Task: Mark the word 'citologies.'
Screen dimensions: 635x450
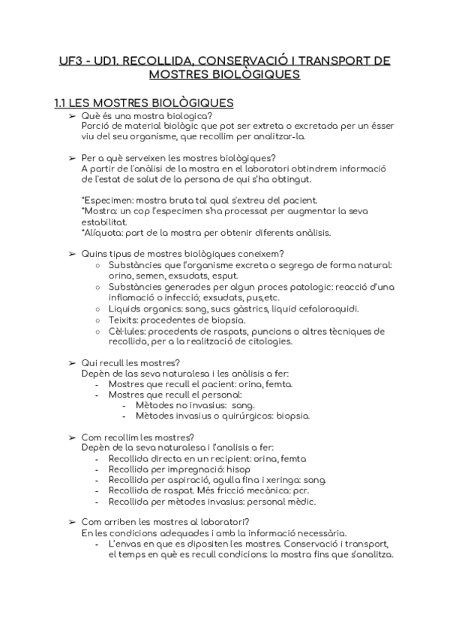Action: pyautogui.click(x=268, y=341)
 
